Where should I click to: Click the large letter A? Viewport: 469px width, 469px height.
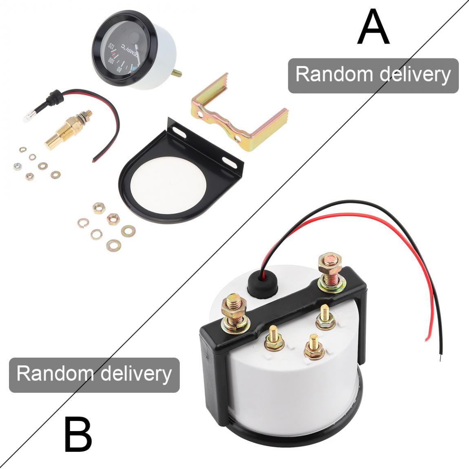pyautogui.click(x=373, y=28)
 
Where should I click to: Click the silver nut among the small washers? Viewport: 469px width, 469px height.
pyautogui.click(x=17, y=166)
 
